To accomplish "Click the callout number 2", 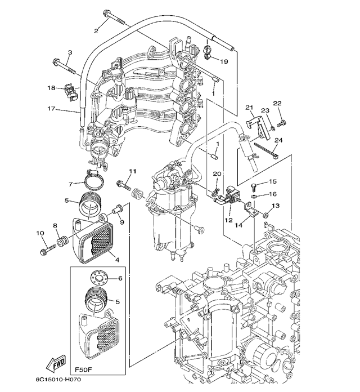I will pos(96,30).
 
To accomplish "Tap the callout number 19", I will pos(223,61).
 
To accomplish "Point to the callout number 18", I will pos(51,88).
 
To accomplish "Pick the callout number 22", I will pos(277,103).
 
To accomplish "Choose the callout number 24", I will pos(280,140).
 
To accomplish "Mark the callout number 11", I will pos(133,171).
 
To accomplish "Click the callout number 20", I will pos(217,175).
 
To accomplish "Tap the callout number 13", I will pos(276,207).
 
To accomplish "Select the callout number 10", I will pos(40,233).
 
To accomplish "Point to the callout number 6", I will pos(119,278).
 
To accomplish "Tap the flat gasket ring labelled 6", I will pos(100,278).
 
